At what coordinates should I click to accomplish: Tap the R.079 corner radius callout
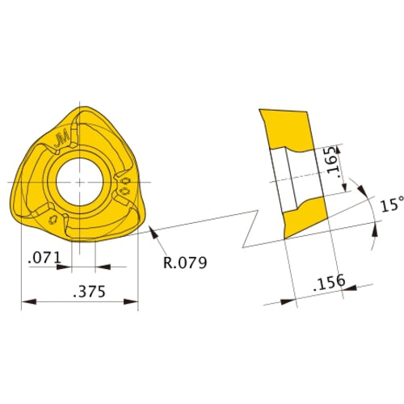[185, 263]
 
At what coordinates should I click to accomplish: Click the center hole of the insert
[80, 175]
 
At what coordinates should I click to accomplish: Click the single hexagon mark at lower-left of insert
[53, 219]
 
